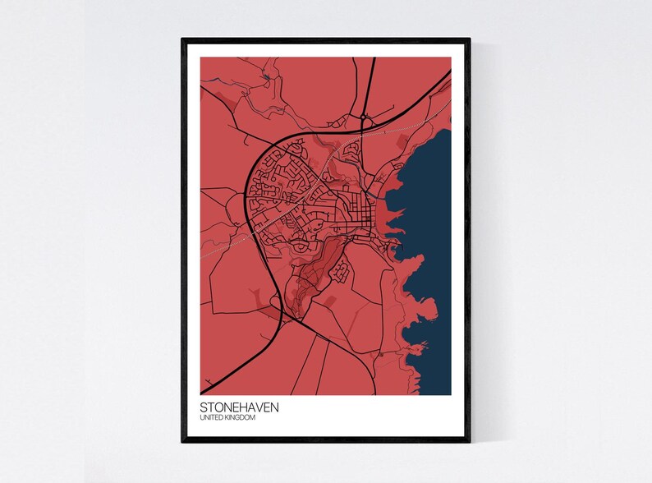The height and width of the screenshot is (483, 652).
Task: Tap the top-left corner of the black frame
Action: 182,39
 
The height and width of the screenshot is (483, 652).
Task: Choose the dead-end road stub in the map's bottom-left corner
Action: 209,380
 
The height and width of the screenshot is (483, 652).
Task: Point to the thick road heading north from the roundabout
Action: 370,82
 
